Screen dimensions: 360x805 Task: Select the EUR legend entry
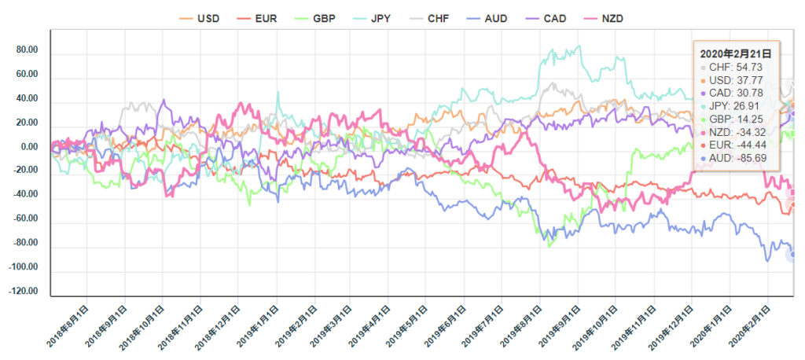[x=257, y=17]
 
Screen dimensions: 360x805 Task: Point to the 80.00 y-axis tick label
[x=27, y=50]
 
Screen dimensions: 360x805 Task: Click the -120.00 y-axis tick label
[x=24, y=292]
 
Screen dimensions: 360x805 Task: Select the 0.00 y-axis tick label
[x=29, y=147]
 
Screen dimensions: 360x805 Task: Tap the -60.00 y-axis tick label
[x=25, y=219]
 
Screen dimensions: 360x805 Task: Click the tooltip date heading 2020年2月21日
[x=735, y=53]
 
